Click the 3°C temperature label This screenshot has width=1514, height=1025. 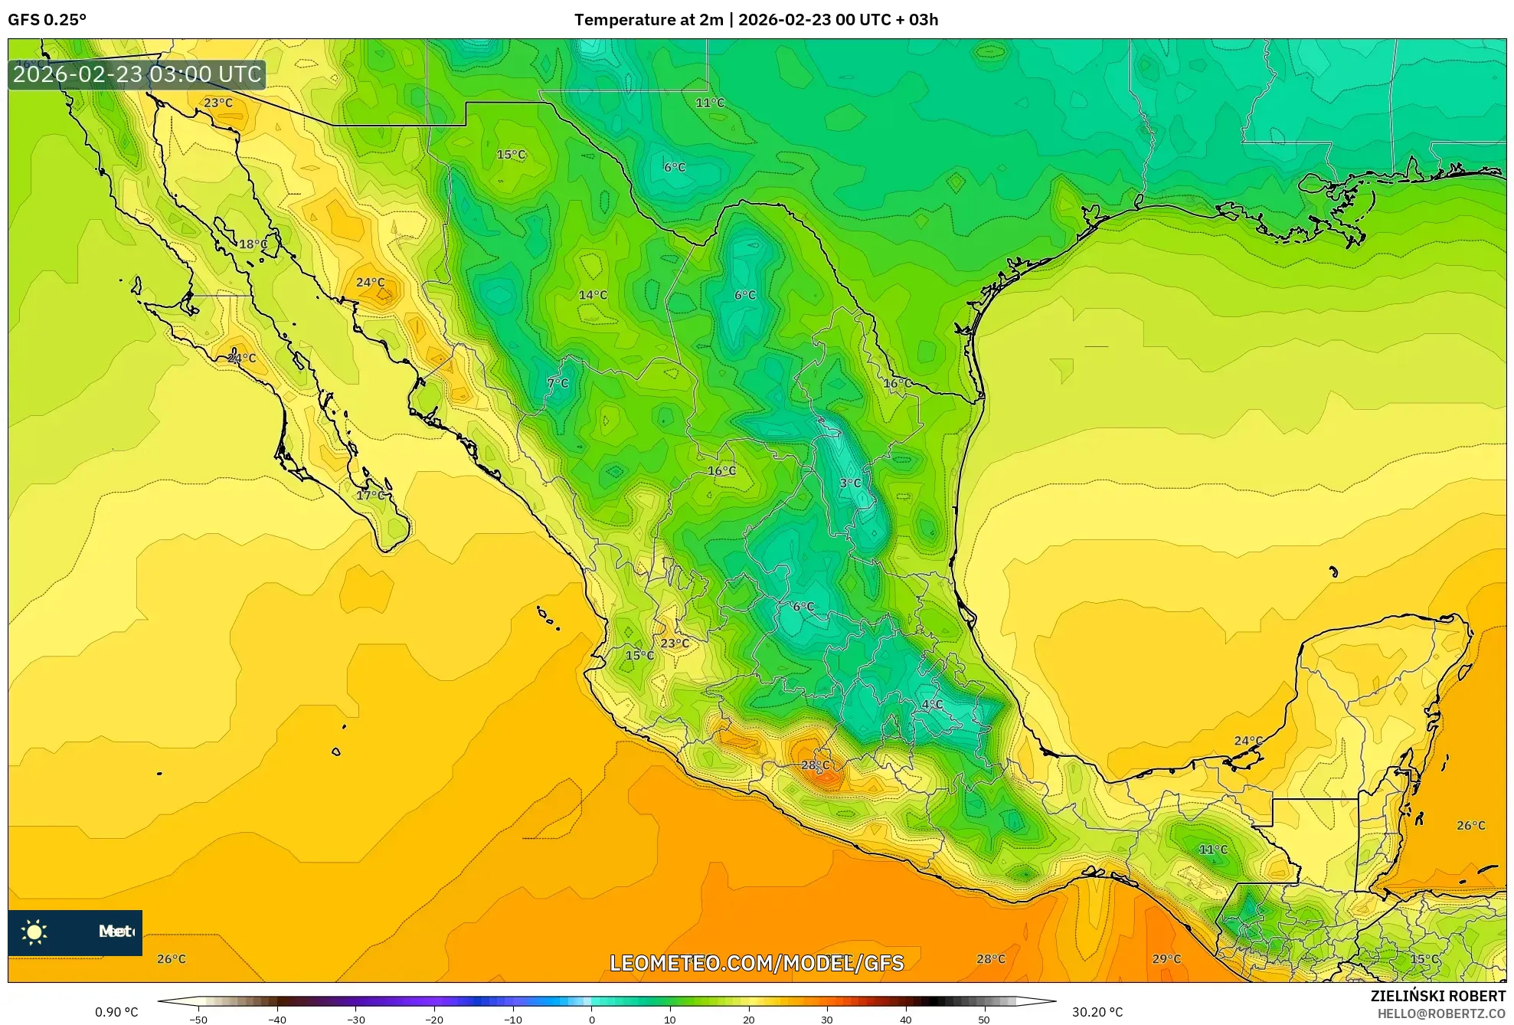pyautogui.click(x=850, y=483)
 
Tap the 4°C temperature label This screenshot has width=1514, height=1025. pyautogui.click(x=932, y=705)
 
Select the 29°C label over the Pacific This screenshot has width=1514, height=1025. pyautogui.click(x=1166, y=959)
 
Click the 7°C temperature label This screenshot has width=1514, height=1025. pyautogui.click(x=558, y=383)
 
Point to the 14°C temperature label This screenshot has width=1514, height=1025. pyautogui.click(x=593, y=295)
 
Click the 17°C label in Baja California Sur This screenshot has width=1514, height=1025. pyautogui.click(x=371, y=496)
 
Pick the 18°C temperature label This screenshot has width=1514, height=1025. pyautogui.click(x=253, y=244)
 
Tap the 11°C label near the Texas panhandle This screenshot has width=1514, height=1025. pyautogui.click(x=710, y=103)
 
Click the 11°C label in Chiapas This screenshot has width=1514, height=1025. pyautogui.click(x=1213, y=850)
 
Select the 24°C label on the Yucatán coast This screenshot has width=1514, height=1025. pyautogui.click(x=1248, y=741)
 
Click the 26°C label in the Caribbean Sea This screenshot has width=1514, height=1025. pyautogui.click(x=1470, y=826)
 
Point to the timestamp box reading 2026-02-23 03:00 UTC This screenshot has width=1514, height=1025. pyautogui.click(x=137, y=75)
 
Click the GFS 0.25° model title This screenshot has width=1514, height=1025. pyautogui.click(x=47, y=20)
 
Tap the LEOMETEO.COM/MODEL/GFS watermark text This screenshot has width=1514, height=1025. pyautogui.click(x=757, y=963)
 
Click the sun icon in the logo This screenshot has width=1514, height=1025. pyautogui.click(x=34, y=932)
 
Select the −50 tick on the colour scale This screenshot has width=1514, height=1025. pyautogui.click(x=198, y=1020)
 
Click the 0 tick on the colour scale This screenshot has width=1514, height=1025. pyautogui.click(x=591, y=1020)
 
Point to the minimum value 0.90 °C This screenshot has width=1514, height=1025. pyautogui.click(x=116, y=1013)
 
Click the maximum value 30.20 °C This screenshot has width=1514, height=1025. pyautogui.click(x=1097, y=1013)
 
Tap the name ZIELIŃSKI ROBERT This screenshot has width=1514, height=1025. pyautogui.click(x=1438, y=996)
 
